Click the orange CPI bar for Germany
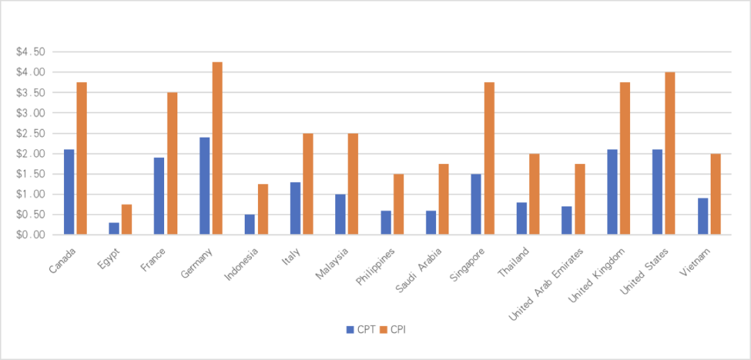(217, 148)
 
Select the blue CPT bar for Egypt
(113, 228)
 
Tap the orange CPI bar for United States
(670, 154)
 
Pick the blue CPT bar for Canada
(69, 192)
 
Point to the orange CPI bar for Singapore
(489, 158)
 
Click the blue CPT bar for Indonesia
(249, 224)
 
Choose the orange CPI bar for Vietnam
(715, 194)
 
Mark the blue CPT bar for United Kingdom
(612, 192)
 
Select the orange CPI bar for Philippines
(398, 204)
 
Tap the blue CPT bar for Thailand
(521, 218)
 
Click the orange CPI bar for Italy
(308, 184)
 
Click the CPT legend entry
(361, 329)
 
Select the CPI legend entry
(394, 329)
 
